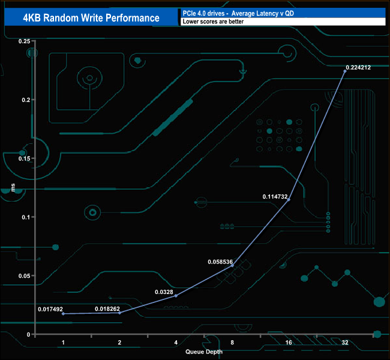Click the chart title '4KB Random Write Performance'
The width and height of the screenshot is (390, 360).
point(91,18)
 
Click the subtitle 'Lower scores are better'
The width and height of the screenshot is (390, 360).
point(213,22)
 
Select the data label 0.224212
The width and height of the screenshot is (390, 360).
point(358,67)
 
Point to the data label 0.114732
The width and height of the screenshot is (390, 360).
point(275,197)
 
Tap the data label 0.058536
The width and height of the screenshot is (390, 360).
point(220,262)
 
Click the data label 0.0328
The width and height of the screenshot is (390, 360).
point(164,292)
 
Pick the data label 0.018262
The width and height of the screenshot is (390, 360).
point(107,309)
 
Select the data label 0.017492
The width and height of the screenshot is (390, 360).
point(50,309)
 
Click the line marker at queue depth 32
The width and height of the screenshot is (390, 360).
point(345,71)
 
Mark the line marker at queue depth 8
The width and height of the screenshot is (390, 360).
point(232,266)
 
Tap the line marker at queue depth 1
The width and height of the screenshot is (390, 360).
point(63,314)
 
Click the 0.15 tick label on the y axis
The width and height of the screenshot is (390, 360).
point(25,158)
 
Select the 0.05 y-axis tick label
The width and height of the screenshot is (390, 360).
point(25,275)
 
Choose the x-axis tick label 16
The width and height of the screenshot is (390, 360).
point(289,343)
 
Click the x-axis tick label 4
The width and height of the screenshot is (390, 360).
point(176,343)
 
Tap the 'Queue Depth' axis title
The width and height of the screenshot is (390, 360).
point(204,352)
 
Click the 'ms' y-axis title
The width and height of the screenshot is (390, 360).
point(13,188)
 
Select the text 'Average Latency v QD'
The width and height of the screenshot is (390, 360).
point(263,13)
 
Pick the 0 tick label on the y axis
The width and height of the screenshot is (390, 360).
point(29,335)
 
